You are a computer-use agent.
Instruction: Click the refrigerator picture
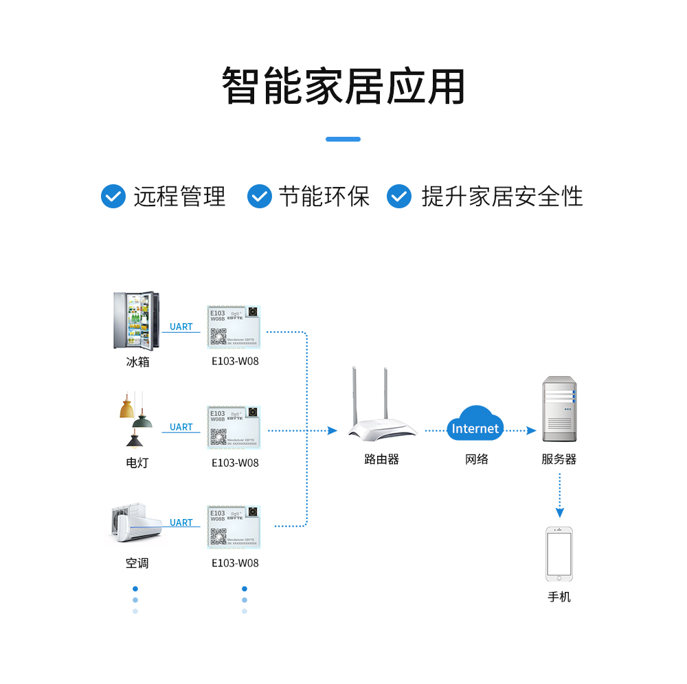pyautogui.click(x=136, y=321)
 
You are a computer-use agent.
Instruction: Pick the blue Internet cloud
pyautogui.click(x=475, y=426)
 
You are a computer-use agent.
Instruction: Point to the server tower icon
pyautogui.click(x=559, y=409)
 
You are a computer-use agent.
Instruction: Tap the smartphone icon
pyautogui.click(x=559, y=554)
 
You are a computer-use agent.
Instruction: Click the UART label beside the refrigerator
pyautogui.click(x=181, y=327)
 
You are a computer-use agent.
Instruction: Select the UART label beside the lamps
pyautogui.click(x=181, y=427)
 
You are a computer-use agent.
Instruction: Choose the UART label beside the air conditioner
pyautogui.click(x=181, y=522)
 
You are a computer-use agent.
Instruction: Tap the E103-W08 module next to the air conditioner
pyautogui.click(x=235, y=527)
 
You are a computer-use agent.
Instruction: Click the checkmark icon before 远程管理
pyautogui.click(x=113, y=196)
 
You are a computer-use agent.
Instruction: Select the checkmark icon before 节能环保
pyautogui.click(x=259, y=196)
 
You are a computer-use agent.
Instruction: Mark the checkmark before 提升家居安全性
pyautogui.click(x=399, y=196)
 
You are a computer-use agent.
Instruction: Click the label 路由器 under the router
pyautogui.click(x=381, y=459)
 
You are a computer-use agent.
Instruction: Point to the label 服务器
pyautogui.click(x=559, y=459)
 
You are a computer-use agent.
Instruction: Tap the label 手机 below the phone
pyautogui.click(x=559, y=597)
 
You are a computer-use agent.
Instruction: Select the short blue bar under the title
pyautogui.click(x=343, y=139)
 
